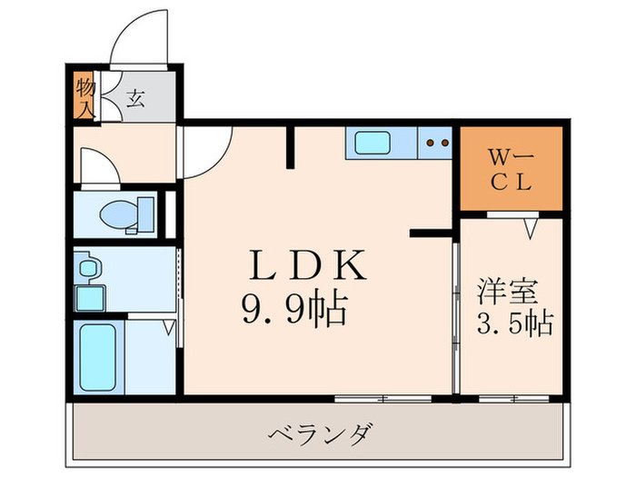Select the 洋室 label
(x=509, y=293)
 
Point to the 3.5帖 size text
(x=515, y=323)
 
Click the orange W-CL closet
(x=511, y=169)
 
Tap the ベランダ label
(x=321, y=432)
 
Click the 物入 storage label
(x=85, y=97)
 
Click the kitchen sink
(x=372, y=143)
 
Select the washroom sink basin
(x=87, y=269)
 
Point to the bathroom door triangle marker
(x=168, y=328)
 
